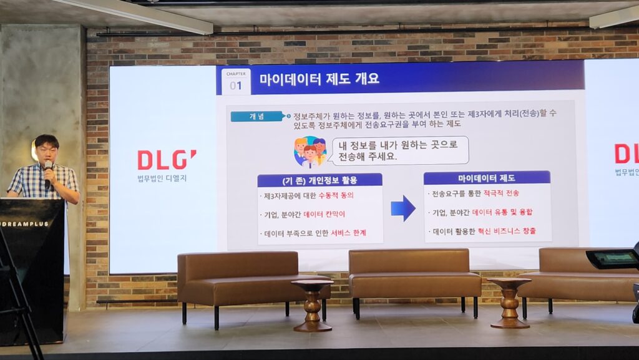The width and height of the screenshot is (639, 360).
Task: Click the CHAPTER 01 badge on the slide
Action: tap(236, 82)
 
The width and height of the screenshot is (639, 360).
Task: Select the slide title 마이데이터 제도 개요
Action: tap(319, 78)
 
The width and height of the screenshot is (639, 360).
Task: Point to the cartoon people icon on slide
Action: tap(310, 152)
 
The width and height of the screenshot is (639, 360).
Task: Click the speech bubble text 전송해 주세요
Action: tap(368, 157)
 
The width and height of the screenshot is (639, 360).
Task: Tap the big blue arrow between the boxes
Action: tap(403, 208)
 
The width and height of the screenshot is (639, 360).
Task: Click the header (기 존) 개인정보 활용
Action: tap(320, 180)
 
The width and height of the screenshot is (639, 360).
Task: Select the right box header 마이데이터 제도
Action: tap(487, 178)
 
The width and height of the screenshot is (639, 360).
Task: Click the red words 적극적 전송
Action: tap(501, 193)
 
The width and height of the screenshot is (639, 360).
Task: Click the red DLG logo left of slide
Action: tap(167, 160)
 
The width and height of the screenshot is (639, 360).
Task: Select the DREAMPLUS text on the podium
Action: tap(25, 224)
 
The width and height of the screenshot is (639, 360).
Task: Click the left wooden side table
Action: tap(313, 305)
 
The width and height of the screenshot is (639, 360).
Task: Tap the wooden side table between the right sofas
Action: tap(509, 303)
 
